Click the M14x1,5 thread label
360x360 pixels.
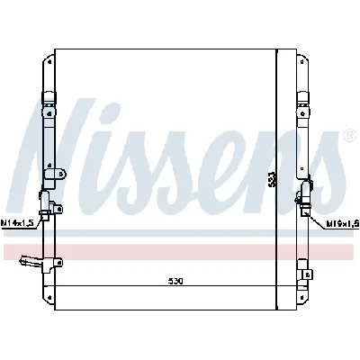pos(18,222)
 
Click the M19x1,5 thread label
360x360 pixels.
pos(341,222)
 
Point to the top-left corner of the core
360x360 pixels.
pos(56,49)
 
